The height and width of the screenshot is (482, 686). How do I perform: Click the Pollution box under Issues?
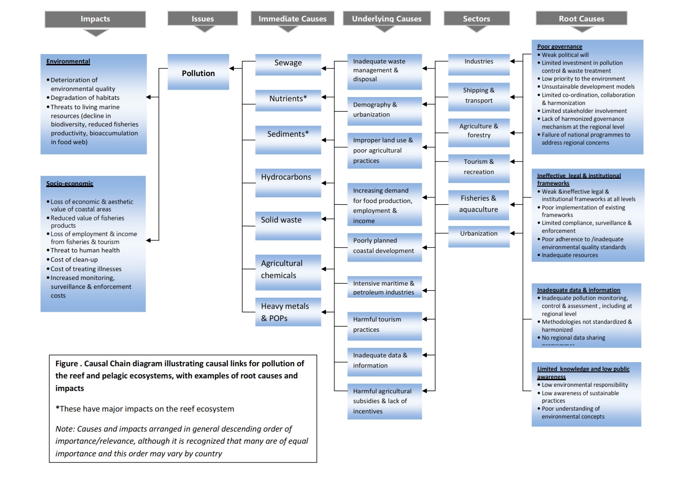tap(198, 72)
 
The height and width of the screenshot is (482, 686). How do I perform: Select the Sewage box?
tap(288, 63)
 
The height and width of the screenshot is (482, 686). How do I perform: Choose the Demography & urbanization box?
tap(384, 110)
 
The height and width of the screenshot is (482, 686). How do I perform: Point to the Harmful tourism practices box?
tap(384, 325)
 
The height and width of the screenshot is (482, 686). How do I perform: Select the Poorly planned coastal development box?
tap(384, 246)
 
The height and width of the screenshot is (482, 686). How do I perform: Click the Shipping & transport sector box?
tap(479, 96)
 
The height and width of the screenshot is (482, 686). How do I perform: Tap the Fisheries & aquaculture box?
tap(479, 204)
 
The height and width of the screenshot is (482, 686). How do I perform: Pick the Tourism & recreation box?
tap(479, 167)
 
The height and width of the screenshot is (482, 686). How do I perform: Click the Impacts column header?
tap(95, 19)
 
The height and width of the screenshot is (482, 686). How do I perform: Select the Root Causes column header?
tap(581, 19)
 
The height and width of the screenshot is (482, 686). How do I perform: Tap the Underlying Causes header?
tap(387, 19)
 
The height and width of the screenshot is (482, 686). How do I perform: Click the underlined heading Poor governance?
tap(559, 47)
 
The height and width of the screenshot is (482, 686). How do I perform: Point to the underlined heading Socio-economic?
tap(70, 184)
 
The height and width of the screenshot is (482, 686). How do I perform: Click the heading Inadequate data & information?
tap(579, 290)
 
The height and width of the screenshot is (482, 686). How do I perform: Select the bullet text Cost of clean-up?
tap(74, 260)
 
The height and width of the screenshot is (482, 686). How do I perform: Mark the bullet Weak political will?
tap(565, 55)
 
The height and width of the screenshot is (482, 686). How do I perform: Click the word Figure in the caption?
tap(66, 364)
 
